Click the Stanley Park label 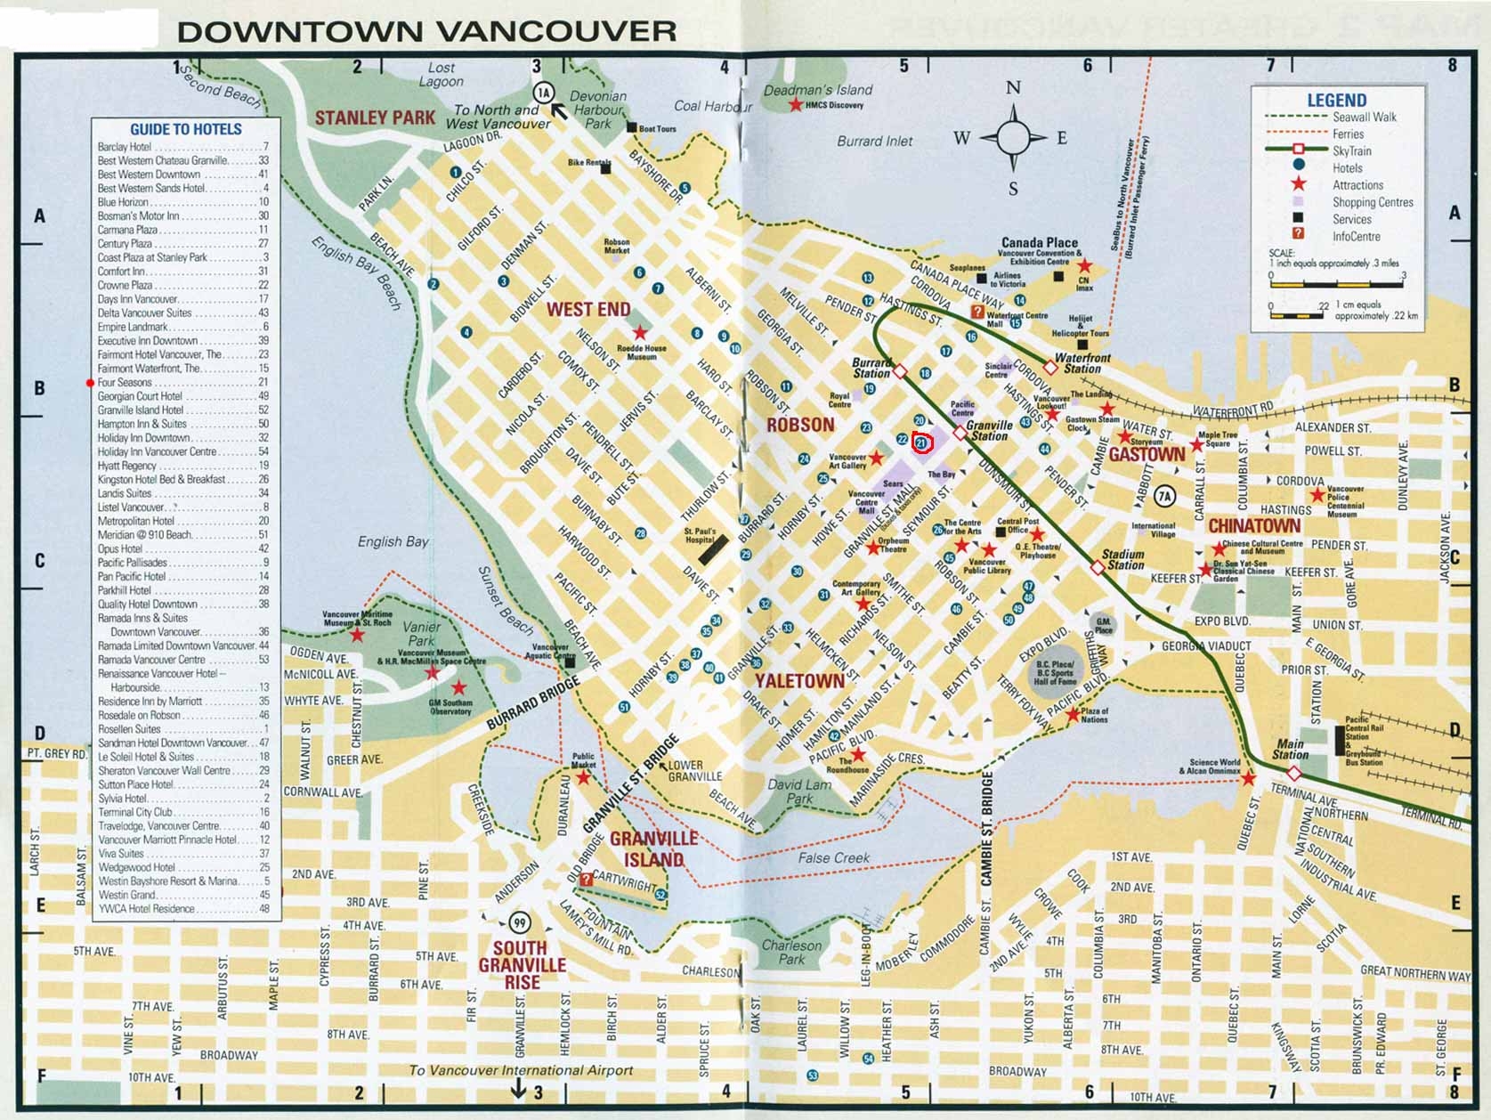pos(375,118)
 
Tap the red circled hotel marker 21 pos(922,442)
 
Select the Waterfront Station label pos(1082,363)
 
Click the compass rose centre pos(1012,138)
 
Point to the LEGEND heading pos(1336,101)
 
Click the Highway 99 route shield pos(519,922)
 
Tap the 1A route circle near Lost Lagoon pos(544,93)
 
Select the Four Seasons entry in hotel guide pos(125,383)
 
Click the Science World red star pos(1248,779)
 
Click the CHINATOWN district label pos(1253,526)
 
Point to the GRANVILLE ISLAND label pos(653,849)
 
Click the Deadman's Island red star pos(795,105)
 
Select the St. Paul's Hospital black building pos(713,549)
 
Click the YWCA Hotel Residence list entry pos(146,909)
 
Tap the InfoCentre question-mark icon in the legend pos(1298,235)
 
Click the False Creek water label pos(833,858)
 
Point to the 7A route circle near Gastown pos(1164,496)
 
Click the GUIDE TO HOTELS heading pos(185,130)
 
